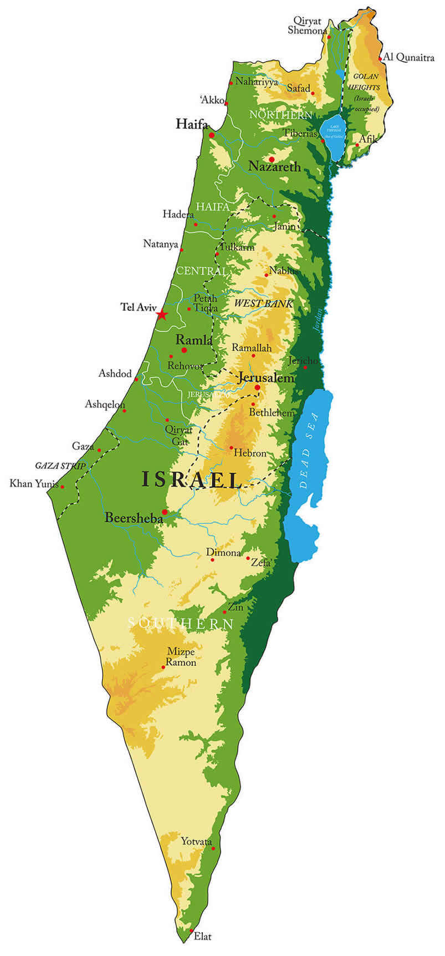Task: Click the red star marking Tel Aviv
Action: (161, 315)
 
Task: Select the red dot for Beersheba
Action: (165, 512)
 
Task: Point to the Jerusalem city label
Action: (265, 378)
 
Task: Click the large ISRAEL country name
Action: (192, 479)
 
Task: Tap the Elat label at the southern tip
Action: (203, 937)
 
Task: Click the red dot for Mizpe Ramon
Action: (163, 666)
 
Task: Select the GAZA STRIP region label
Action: (60, 466)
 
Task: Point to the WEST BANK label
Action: (263, 304)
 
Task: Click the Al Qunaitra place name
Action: (409, 58)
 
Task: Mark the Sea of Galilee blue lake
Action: (334, 136)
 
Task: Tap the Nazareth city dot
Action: (272, 160)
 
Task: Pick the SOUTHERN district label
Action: (181, 624)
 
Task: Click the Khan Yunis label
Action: (34, 484)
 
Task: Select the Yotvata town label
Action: (196, 842)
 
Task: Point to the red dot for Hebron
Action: (231, 448)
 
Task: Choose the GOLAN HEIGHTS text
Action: (364, 82)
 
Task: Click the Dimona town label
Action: (223, 553)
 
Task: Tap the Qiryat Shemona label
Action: (308, 26)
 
